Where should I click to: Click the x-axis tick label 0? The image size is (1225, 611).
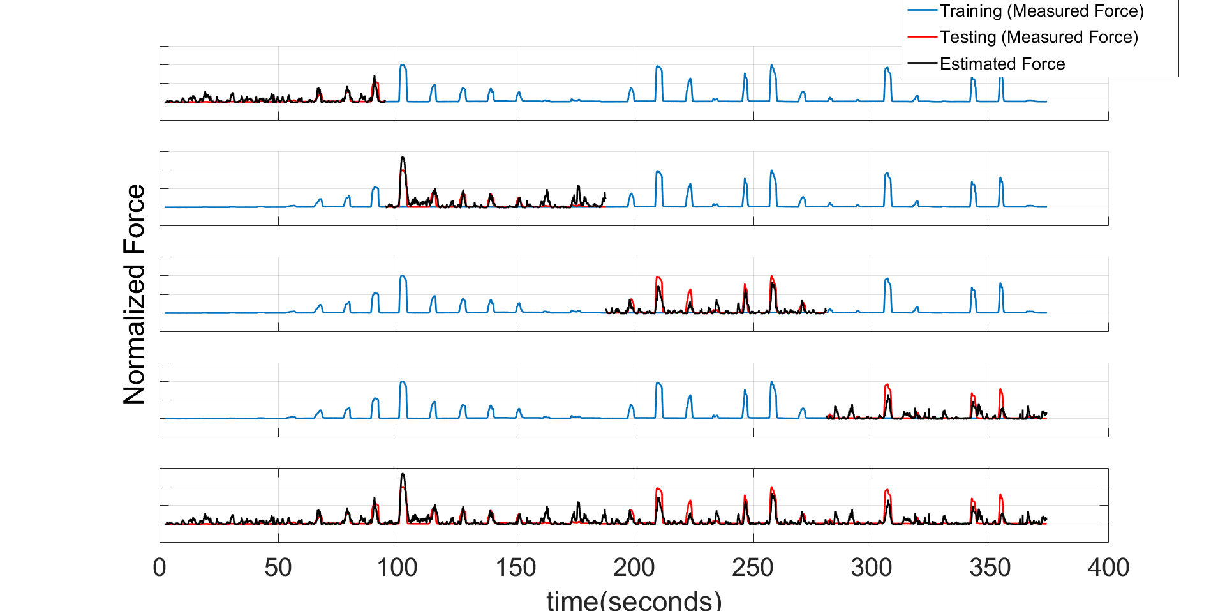click(160, 567)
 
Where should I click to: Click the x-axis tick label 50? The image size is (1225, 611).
click(278, 567)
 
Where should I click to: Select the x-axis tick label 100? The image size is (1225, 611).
click(397, 567)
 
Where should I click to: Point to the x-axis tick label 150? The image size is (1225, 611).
click(516, 567)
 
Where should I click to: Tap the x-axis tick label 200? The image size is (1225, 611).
click(634, 567)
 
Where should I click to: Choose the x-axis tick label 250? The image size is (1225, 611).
click(753, 567)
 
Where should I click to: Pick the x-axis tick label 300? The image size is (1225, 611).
click(872, 567)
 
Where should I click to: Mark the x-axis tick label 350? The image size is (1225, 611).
click(990, 567)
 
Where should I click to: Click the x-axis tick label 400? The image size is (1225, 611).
click(1108, 567)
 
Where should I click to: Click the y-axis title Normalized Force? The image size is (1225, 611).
click(134, 294)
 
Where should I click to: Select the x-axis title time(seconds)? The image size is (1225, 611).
click(634, 600)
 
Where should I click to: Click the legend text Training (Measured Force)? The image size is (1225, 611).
click(1041, 11)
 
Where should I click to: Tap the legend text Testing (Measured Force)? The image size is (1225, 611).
click(1039, 37)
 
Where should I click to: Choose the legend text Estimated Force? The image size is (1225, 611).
click(1002, 64)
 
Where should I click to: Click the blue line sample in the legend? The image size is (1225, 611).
click(922, 11)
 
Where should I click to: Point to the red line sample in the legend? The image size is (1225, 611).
click(922, 37)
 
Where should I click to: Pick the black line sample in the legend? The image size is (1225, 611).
click(922, 63)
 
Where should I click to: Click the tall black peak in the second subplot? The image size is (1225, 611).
click(403, 158)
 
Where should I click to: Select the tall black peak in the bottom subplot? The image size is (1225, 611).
click(403, 475)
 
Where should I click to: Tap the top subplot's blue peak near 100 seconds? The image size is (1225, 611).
click(403, 66)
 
